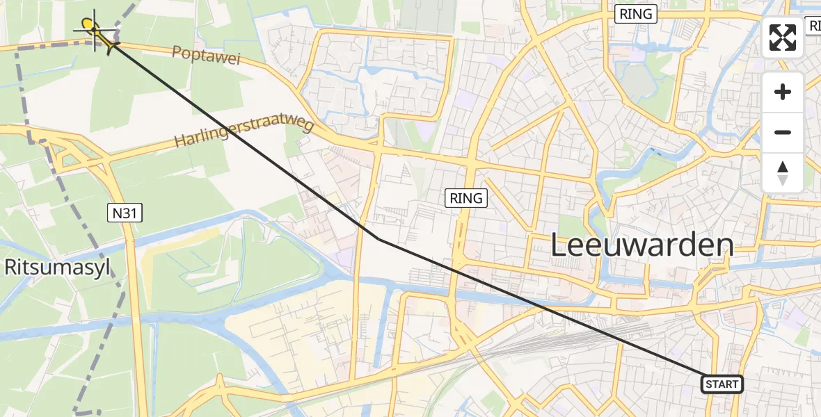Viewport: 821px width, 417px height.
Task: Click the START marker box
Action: pyautogui.click(x=722, y=384)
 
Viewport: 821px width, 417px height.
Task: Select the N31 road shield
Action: pyautogui.click(x=125, y=214)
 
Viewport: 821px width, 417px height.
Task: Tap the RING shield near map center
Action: pyautogui.click(x=465, y=198)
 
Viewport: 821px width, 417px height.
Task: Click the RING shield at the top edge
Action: pyautogui.click(x=635, y=14)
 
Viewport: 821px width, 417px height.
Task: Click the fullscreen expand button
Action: pyautogui.click(x=783, y=38)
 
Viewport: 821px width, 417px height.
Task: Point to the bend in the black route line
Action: pyautogui.click(x=379, y=239)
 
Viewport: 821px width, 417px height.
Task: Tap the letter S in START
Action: pyautogui.click(x=709, y=384)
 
